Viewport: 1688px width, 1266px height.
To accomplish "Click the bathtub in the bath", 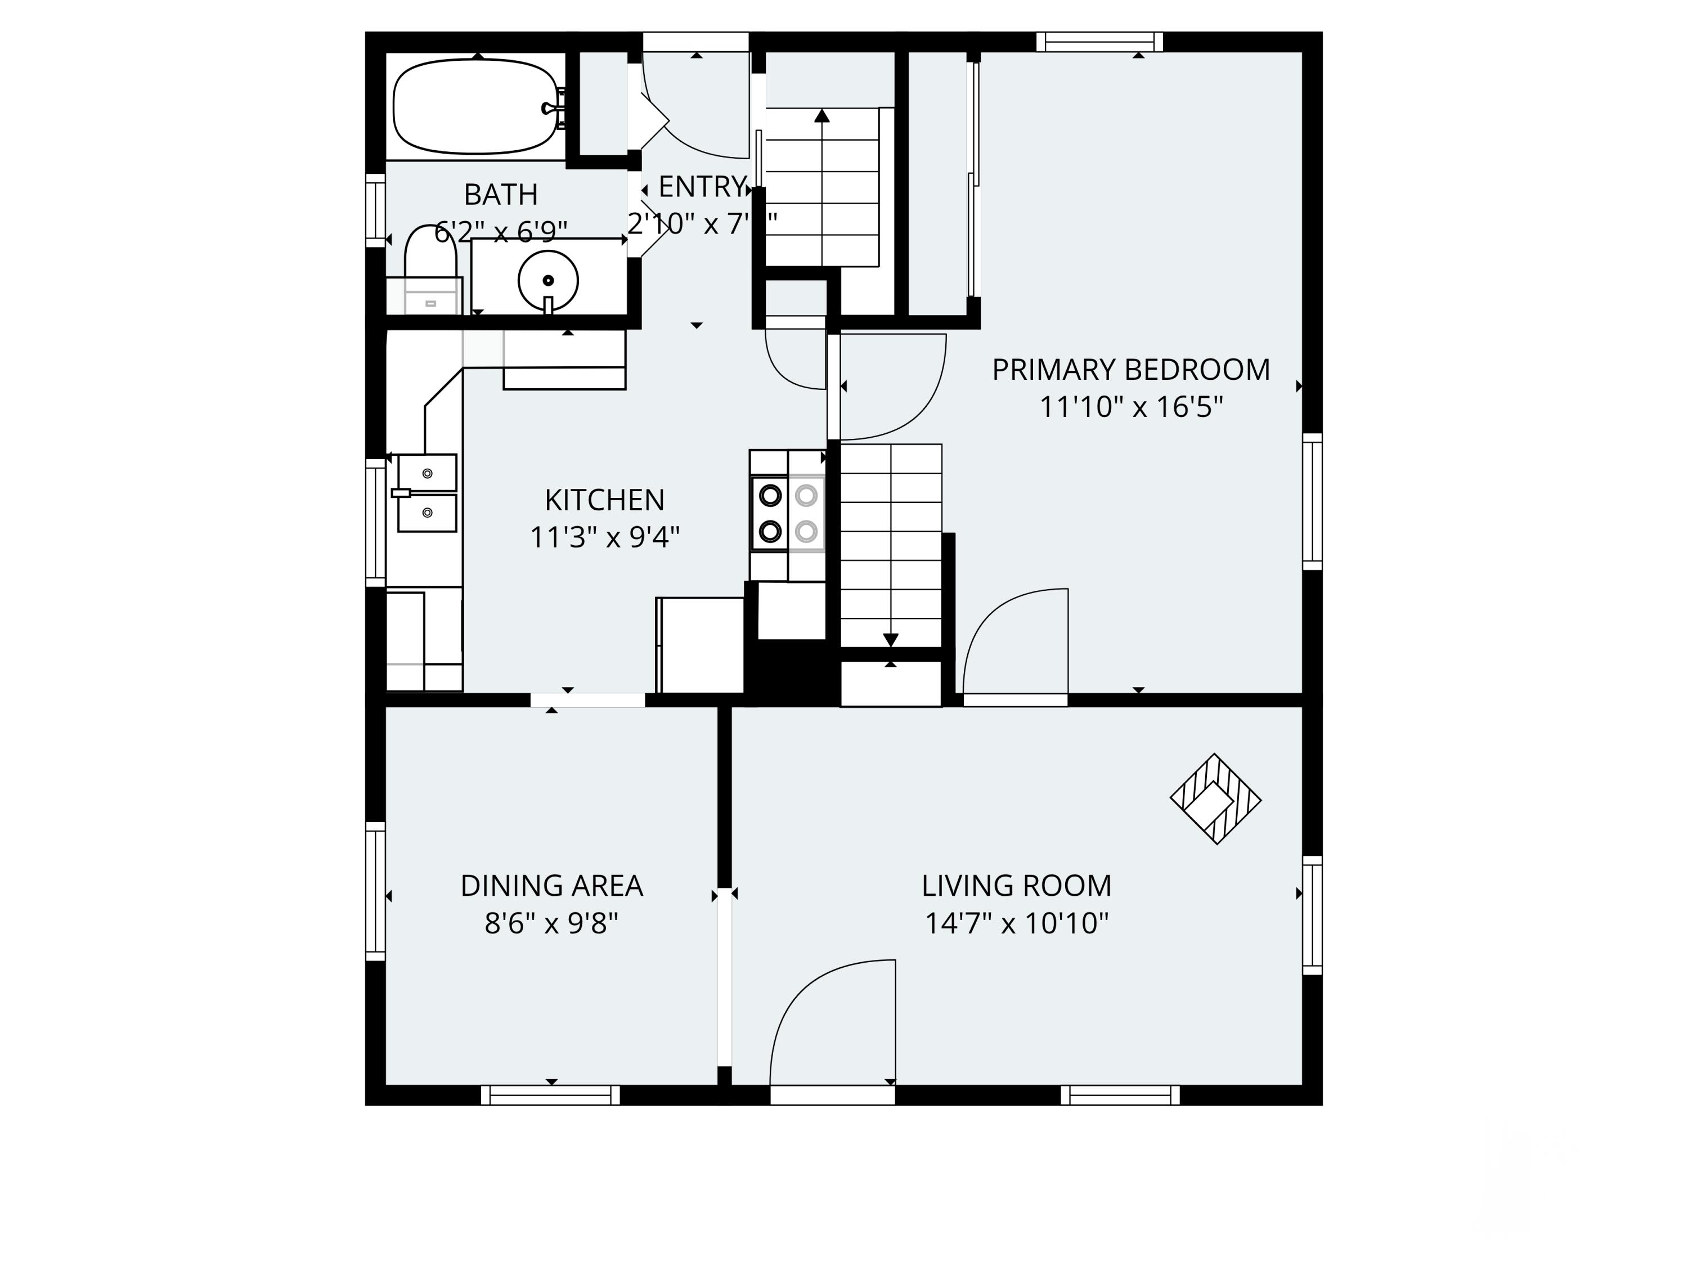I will pyautogui.click(x=475, y=107).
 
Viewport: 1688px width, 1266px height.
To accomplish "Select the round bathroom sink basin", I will pyautogui.click(x=548, y=280).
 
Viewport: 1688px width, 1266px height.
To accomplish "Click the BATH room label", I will pyautogui.click(x=501, y=195).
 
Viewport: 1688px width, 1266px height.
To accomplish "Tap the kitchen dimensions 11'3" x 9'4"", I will pyautogui.click(x=604, y=538).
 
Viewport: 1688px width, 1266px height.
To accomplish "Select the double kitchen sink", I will pyautogui.click(x=427, y=493).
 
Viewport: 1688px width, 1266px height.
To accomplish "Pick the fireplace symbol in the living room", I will pyautogui.click(x=1215, y=799).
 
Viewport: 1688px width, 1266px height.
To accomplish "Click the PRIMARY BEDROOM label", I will pyautogui.click(x=1131, y=369).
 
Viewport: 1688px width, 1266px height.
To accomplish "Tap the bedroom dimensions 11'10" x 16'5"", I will pyautogui.click(x=1131, y=407).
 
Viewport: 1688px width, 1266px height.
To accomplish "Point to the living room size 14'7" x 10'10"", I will pyautogui.click(x=1017, y=923).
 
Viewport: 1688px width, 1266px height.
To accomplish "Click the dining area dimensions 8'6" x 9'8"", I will pyautogui.click(x=552, y=923).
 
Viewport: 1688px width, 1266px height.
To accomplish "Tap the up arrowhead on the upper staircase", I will pyautogui.click(x=822, y=116).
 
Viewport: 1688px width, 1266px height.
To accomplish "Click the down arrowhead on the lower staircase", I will pyautogui.click(x=891, y=640).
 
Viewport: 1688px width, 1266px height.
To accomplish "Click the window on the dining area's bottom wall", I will pyautogui.click(x=550, y=1095).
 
